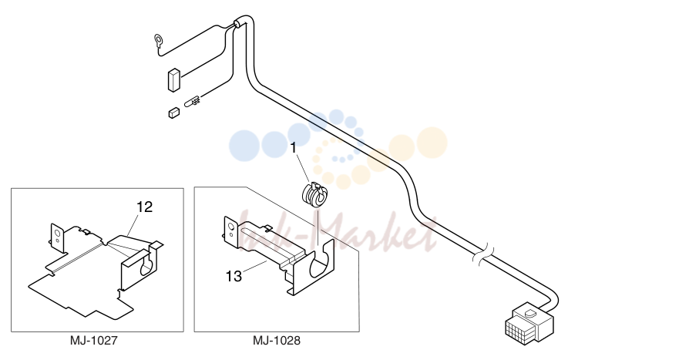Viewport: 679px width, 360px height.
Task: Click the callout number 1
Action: pyautogui.click(x=293, y=148)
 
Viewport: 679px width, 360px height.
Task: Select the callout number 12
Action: pyautogui.click(x=145, y=207)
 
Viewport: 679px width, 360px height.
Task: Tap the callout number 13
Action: pyautogui.click(x=234, y=276)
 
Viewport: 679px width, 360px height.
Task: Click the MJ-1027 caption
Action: pyautogui.click(x=93, y=341)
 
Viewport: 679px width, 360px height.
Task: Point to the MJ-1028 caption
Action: pyautogui.click(x=276, y=341)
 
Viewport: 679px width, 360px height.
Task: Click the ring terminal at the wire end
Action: pyautogui.click(x=158, y=41)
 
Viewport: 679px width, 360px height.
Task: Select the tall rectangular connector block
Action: pyautogui.click(x=173, y=80)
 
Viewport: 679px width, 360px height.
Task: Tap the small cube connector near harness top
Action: pyautogui.click(x=173, y=113)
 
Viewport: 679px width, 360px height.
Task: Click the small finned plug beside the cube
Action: pyautogui.click(x=192, y=103)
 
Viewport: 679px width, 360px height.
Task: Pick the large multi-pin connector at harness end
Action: pyautogui.click(x=529, y=324)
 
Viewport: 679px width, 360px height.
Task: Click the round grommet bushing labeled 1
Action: pyautogui.click(x=314, y=195)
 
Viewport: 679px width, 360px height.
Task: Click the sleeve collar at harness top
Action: pyautogui.click(x=238, y=24)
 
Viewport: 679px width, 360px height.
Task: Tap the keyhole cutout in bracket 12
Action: pyautogui.click(x=147, y=264)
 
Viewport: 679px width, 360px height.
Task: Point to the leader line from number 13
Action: pyautogui.click(x=254, y=267)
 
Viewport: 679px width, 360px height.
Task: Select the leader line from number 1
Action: pyautogui.click(x=303, y=167)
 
